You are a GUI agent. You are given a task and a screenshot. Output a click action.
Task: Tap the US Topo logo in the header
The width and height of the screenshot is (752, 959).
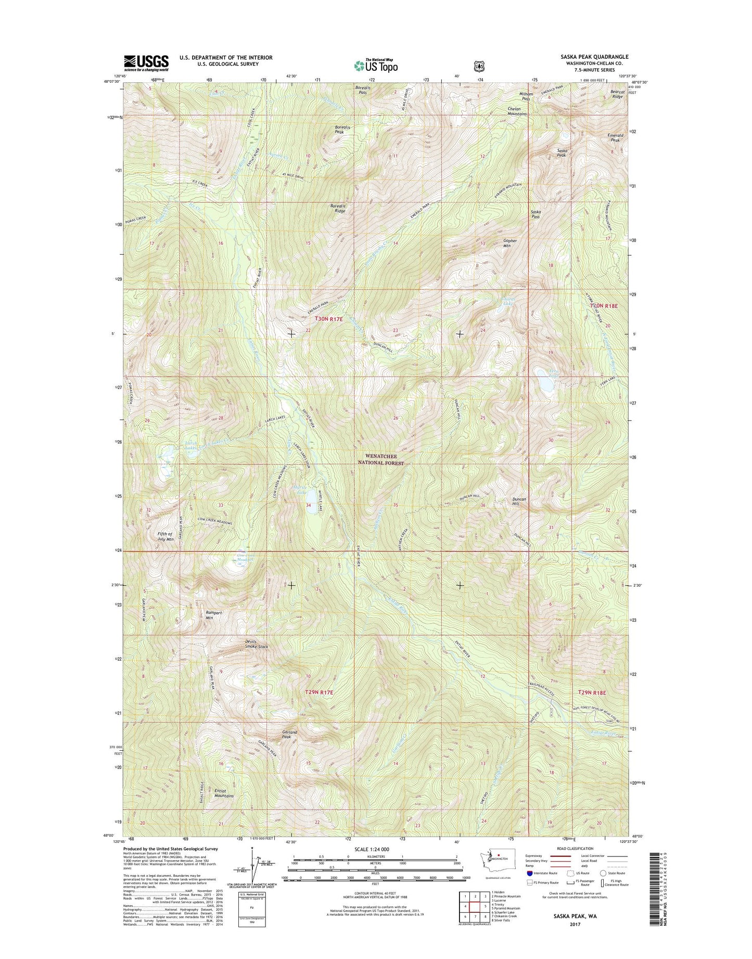pos(376,66)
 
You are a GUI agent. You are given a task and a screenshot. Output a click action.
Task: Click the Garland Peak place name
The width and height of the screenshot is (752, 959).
pos(290,735)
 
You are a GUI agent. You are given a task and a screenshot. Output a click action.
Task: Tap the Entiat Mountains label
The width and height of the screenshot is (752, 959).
pos(224,793)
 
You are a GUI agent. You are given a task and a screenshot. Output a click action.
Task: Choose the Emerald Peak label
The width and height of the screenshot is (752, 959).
pos(615,138)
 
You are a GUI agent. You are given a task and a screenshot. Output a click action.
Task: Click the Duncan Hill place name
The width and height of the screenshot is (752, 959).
pos(519,501)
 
